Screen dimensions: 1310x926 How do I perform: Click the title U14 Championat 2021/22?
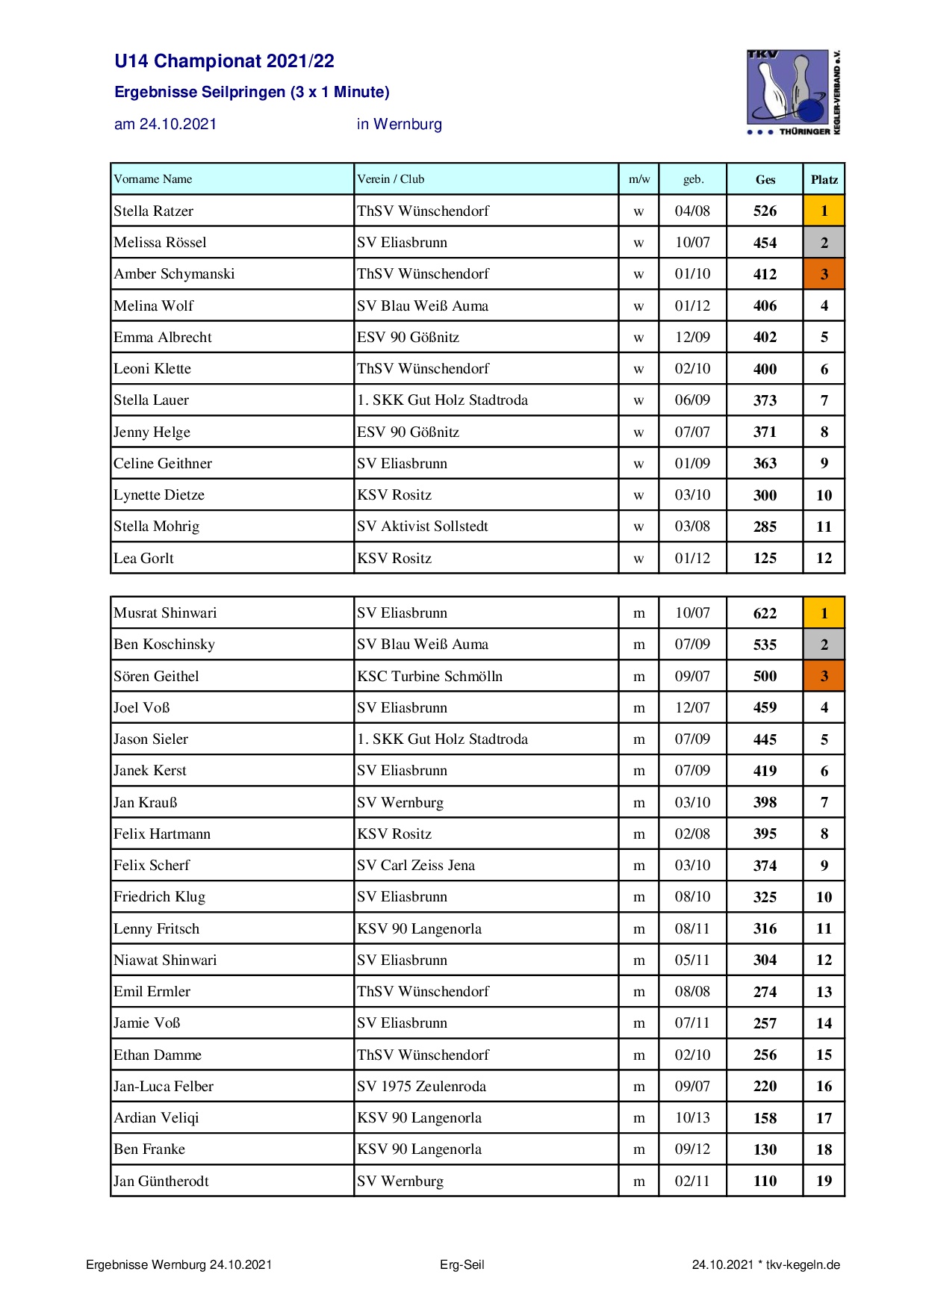pyautogui.click(x=224, y=61)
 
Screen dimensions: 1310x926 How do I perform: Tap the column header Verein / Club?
pyautogui.click(x=391, y=179)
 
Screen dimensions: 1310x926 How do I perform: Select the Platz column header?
pyautogui.click(x=824, y=179)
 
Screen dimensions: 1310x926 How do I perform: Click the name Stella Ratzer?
pyautogui.click(x=153, y=211)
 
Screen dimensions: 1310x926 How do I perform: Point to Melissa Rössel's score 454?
pyautogui.click(x=765, y=243)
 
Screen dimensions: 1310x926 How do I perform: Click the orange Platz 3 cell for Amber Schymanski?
pyautogui.click(x=824, y=274)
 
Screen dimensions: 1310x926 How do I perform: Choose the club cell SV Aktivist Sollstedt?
pyautogui.click(x=422, y=527)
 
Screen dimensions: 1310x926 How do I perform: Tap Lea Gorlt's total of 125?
pyautogui.click(x=765, y=558)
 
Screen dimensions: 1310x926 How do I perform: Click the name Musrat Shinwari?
pyautogui.click(x=165, y=613)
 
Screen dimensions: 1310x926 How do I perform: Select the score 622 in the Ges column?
pyautogui.click(x=765, y=613)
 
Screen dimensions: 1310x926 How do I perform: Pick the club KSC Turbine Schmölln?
pyautogui.click(x=429, y=677)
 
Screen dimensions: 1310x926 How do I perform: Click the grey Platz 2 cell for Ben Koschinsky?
pyautogui.click(x=824, y=645)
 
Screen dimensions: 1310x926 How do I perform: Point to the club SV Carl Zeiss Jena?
pyautogui.click(x=416, y=866)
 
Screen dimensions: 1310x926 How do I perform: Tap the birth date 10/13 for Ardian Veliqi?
pyautogui.click(x=692, y=1118)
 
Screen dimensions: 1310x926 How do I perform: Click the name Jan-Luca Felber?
pyautogui.click(x=164, y=1087)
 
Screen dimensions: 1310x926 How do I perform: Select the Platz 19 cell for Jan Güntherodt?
pyautogui.click(x=824, y=1182)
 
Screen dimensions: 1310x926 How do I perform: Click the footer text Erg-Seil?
pyautogui.click(x=462, y=1264)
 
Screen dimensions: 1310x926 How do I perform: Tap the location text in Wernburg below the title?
pyautogui.click(x=399, y=124)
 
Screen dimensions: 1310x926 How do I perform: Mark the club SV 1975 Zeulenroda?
pyautogui.click(x=421, y=1087)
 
